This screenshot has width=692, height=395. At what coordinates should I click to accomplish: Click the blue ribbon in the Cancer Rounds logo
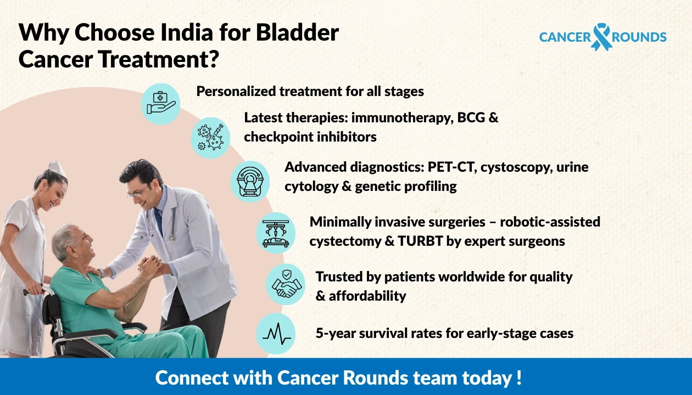pyautogui.click(x=601, y=37)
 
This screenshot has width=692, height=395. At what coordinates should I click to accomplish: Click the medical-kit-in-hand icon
pyautogui.click(x=160, y=103)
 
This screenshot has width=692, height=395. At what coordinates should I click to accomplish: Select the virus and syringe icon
pyautogui.click(x=210, y=137)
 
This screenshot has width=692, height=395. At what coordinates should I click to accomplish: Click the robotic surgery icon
pyautogui.click(x=276, y=232)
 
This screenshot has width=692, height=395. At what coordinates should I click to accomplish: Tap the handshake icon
pyautogui.click(x=285, y=284)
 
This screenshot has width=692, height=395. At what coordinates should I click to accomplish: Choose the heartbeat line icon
pyautogui.click(x=276, y=333)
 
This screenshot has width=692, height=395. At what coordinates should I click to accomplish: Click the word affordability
pyautogui.click(x=367, y=296)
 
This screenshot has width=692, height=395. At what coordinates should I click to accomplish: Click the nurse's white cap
pyautogui.click(x=57, y=168)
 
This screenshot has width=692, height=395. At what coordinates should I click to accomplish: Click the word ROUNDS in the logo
pyautogui.click(x=639, y=37)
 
